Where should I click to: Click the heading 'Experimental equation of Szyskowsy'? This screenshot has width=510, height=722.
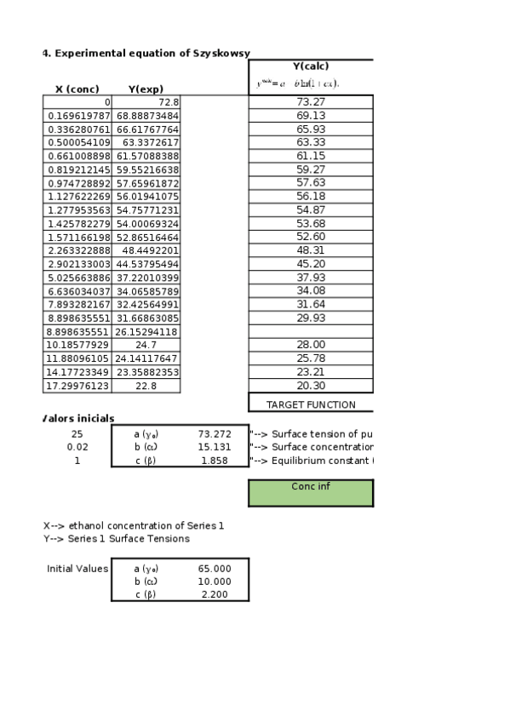click(x=149, y=53)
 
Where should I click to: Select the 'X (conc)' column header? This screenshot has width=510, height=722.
click(x=77, y=89)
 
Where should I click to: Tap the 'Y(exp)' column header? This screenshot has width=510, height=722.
click(x=146, y=89)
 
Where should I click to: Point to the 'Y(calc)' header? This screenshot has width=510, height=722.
click(x=311, y=66)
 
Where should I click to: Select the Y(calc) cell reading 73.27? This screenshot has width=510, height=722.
click(x=311, y=102)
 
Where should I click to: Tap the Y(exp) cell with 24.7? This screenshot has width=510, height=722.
click(x=147, y=345)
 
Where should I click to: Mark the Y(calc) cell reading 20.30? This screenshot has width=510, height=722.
click(x=311, y=386)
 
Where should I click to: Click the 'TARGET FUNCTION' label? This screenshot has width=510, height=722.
click(x=311, y=405)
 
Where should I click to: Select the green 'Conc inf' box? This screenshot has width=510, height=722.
click(x=311, y=491)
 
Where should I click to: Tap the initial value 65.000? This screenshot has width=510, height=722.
click(x=215, y=568)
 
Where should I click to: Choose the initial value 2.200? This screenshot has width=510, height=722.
click(x=215, y=594)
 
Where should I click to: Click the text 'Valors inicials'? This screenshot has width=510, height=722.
click(x=78, y=419)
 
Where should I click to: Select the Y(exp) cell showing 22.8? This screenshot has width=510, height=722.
click(x=147, y=386)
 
